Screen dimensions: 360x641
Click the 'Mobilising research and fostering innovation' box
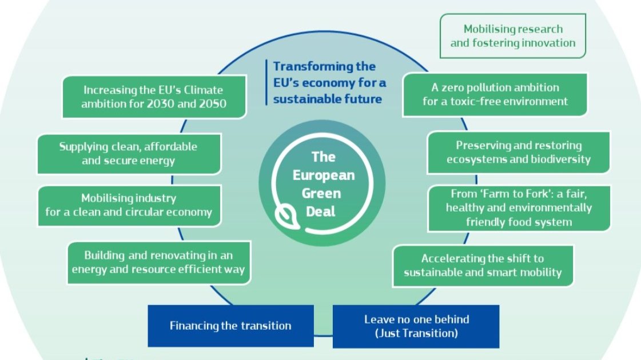[513, 36]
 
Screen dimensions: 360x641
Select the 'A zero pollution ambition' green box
[495, 94]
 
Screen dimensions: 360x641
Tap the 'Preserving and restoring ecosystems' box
[518, 153]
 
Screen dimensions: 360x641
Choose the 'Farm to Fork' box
[519, 208]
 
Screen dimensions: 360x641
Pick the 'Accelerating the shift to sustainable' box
[483, 266]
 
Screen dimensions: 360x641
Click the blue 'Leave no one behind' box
[416, 326]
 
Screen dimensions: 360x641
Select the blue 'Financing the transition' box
[230, 326]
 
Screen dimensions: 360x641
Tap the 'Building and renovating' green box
[158, 262]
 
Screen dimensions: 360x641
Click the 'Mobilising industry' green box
[129, 205]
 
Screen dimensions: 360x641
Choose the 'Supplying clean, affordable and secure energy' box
[129, 154]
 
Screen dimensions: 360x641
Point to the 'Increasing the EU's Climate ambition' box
[154, 97]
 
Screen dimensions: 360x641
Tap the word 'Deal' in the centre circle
[321, 211]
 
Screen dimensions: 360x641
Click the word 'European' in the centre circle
[324, 175]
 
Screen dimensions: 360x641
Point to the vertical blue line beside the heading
[266, 83]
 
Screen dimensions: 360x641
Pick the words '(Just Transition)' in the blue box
[416, 333]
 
